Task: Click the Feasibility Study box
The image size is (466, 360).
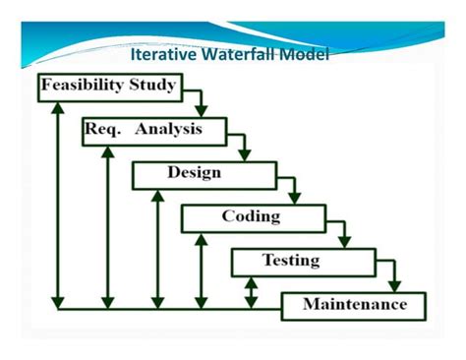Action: pos(109,86)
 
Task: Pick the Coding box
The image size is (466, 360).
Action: pos(252,217)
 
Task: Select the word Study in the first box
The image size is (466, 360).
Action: pos(148,86)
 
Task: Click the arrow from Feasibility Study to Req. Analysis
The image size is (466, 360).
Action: pos(199,98)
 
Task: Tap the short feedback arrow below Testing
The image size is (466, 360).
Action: pos(252,291)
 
